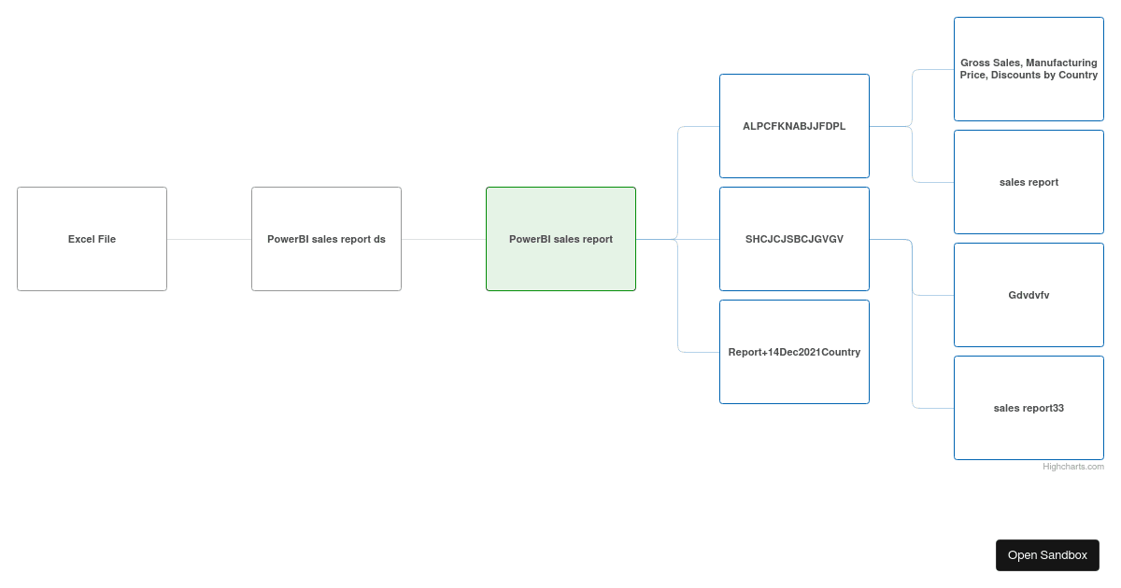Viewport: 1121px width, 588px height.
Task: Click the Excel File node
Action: point(92,239)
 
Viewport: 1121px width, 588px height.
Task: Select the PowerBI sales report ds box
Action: point(326,239)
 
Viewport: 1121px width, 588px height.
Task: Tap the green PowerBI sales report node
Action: point(561,239)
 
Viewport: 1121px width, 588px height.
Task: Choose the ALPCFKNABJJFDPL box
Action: point(794,126)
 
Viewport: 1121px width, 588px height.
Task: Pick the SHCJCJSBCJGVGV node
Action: point(794,239)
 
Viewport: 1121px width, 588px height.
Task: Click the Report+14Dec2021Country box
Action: point(794,352)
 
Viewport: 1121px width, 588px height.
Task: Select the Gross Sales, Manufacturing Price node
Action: point(1029,69)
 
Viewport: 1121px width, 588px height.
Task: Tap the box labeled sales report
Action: point(1029,182)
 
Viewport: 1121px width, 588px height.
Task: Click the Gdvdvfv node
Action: point(1029,295)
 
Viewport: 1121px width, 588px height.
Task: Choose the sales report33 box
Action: point(1029,408)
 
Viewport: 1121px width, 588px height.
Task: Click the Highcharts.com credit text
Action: point(1073,467)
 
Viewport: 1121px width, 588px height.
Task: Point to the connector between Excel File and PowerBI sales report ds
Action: point(209,239)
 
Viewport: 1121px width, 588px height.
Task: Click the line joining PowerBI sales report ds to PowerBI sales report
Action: point(444,239)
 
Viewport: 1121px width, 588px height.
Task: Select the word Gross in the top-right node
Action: point(974,63)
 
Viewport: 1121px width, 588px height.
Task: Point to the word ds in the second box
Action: point(380,239)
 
